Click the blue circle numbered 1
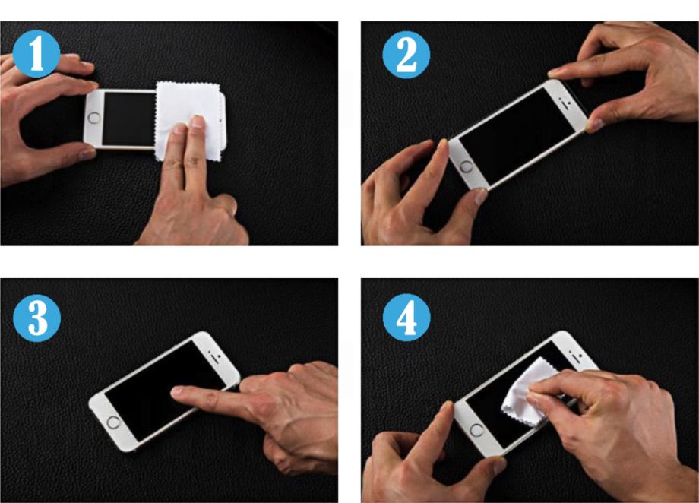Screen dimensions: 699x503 click(x=36, y=54)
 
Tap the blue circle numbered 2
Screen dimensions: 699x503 click(x=406, y=55)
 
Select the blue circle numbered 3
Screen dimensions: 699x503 click(x=37, y=318)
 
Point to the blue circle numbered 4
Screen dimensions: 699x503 click(x=406, y=318)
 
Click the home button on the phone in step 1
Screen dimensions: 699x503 click(x=94, y=119)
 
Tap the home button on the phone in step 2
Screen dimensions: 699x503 click(x=467, y=167)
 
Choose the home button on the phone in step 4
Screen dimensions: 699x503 click(x=476, y=431)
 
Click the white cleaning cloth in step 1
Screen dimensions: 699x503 click(x=188, y=120)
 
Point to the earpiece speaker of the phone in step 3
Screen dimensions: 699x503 click(x=217, y=358)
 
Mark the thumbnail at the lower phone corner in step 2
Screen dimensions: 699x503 click(x=480, y=195)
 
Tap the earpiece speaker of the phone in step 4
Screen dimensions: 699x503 click(x=577, y=356)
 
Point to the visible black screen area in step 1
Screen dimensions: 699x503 click(x=129, y=119)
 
